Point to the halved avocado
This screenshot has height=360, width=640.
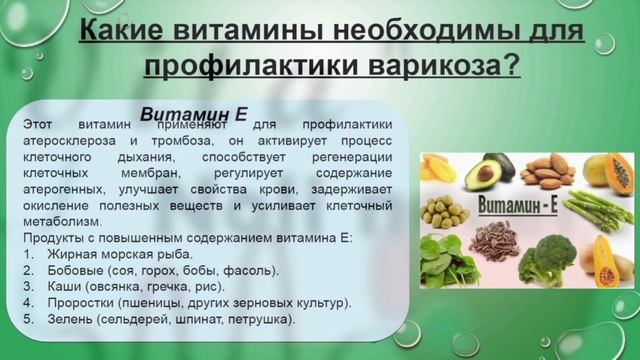coord(479,172)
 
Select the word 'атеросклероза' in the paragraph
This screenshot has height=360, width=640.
coord(67,141)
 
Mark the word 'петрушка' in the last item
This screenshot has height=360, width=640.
coord(263,319)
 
